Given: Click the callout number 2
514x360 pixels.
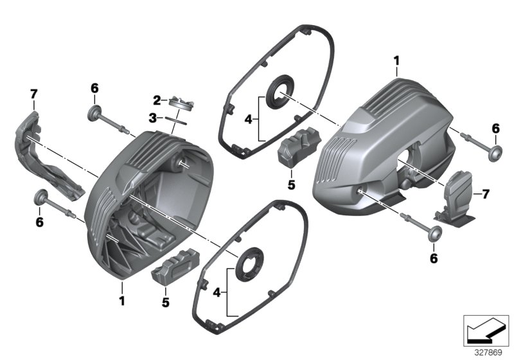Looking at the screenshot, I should (x=155, y=100).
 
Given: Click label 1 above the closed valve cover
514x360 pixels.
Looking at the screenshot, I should (x=396, y=61).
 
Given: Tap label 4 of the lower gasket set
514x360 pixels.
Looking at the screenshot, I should (x=217, y=292).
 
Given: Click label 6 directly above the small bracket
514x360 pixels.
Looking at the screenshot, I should (x=496, y=129).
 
